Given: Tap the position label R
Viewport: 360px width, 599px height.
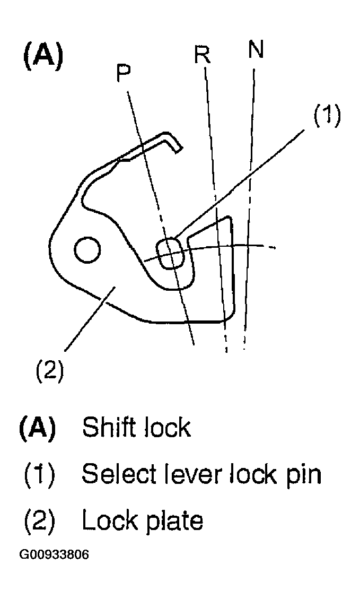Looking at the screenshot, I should point(201,55).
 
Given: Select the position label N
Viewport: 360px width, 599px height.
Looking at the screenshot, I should point(255,50).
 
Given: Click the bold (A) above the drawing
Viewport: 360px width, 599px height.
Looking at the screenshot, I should point(43,57).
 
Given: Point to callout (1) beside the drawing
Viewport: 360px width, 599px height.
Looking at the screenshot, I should point(326,115).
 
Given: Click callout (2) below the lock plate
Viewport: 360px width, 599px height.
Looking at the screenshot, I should point(50,370).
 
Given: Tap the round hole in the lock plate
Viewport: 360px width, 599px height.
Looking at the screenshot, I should point(87,250).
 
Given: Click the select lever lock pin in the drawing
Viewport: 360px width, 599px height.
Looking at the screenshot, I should point(171,252).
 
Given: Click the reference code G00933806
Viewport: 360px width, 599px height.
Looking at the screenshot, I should point(54,555).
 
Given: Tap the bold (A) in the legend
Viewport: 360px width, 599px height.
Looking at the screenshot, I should point(38,428).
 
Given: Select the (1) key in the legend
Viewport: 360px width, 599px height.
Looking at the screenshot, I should point(39,474).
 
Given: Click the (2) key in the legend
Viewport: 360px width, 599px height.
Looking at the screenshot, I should point(39,521).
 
